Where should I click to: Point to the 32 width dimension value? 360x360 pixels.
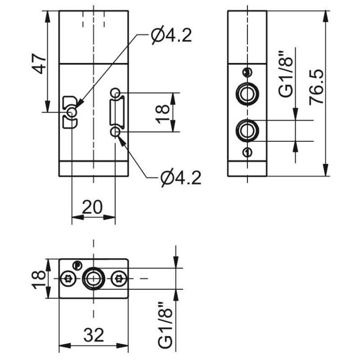point(94,335)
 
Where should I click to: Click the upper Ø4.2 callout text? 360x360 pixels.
point(171,36)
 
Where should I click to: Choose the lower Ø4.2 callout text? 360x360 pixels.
point(180,179)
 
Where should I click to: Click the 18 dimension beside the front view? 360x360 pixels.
point(164,112)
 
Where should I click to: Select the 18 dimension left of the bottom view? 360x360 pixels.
point(40,278)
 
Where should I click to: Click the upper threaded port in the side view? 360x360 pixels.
point(246,94)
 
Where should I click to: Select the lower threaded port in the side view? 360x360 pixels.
point(246,130)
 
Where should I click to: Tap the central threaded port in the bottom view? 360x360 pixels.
point(94,278)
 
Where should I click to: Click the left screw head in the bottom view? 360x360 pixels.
point(68,278)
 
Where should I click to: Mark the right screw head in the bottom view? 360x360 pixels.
point(119,278)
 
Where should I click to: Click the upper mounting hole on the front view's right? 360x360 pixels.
point(116,93)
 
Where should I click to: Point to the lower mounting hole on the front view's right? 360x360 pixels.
point(116,131)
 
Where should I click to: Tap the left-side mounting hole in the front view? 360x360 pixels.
point(72,112)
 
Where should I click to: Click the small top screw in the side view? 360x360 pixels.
point(246,72)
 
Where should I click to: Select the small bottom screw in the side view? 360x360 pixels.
point(246,152)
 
